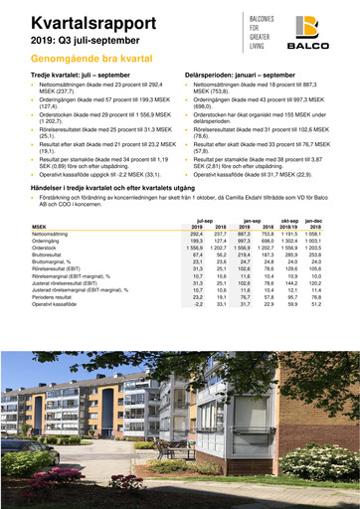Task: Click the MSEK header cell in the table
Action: pos(41,227)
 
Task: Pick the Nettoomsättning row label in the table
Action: pos(56,235)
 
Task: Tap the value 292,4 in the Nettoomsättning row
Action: pos(206,235)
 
